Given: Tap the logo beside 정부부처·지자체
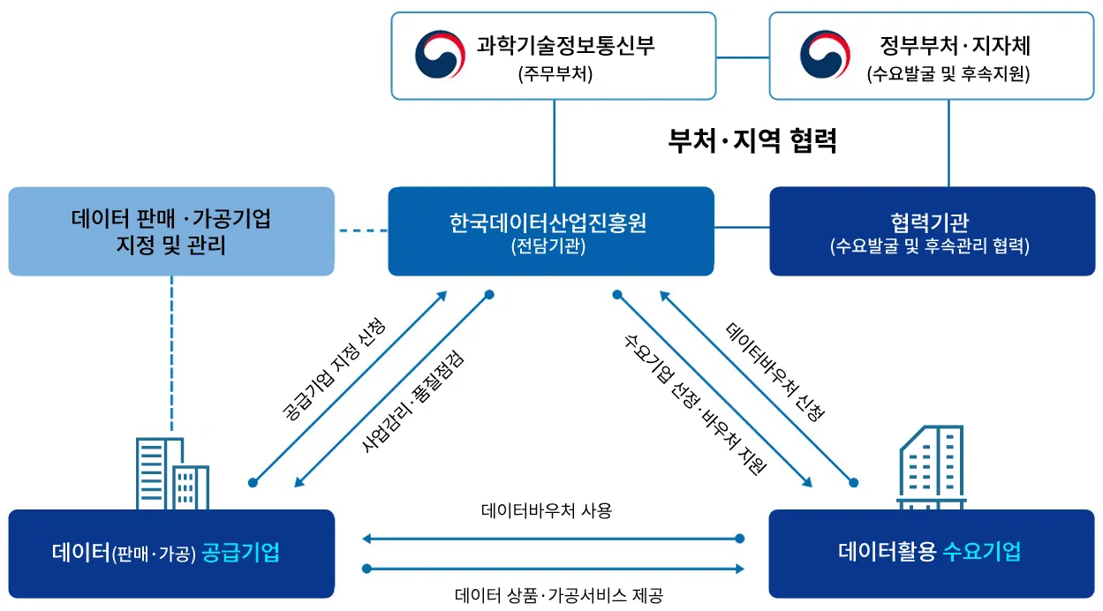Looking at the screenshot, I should point(824,55).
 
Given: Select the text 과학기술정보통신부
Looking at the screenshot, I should point(566,44).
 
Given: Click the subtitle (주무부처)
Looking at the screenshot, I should point(555,75).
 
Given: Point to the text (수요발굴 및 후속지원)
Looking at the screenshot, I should point(948,75).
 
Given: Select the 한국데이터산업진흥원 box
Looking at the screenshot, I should point(550,231).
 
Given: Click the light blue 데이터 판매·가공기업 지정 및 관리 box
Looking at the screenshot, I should point(171,231).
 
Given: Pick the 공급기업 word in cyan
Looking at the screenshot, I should point(241,554).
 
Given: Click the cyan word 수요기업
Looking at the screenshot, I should point(981,553).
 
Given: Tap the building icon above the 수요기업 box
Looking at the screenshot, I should point(931,468).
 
